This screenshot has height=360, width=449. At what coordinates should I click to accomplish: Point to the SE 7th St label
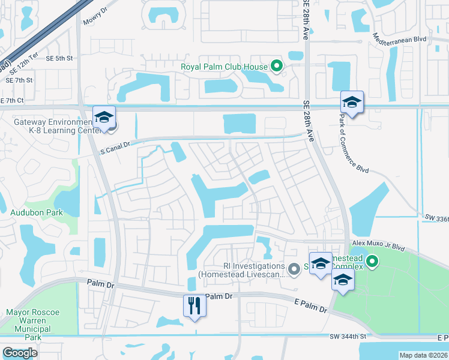coord(20,80)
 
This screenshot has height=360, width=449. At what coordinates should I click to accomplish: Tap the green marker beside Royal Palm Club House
coord(276,65)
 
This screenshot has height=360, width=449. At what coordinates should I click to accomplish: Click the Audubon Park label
coord(28,212)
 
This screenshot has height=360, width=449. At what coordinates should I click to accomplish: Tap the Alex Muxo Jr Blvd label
coord(379,243)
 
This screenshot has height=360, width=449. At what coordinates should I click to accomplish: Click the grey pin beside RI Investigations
coord(294,269)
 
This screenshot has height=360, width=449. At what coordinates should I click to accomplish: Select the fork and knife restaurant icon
coord(194,305)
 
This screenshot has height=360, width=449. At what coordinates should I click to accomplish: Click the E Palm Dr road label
coord(310,307)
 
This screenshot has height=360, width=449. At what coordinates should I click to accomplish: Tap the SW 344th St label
coord(348,337)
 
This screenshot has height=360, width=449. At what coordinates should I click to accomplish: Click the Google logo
coord(19,353)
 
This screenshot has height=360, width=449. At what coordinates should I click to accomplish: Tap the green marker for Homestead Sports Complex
coord(373,262)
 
